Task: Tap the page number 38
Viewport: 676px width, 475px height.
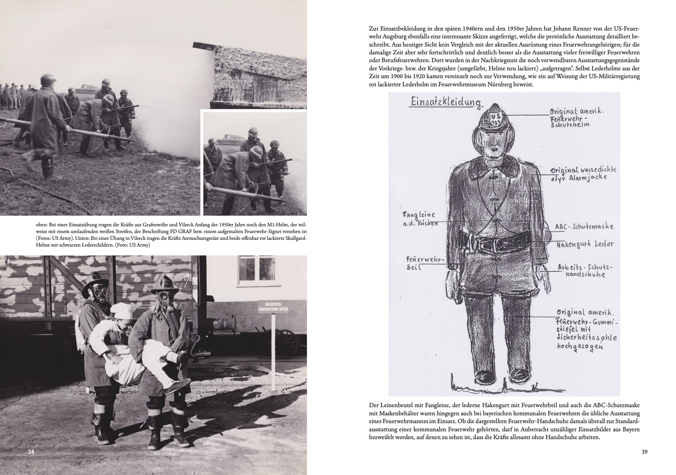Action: (x=31, y=452)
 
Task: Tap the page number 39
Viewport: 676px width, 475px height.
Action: (x=644, y=452)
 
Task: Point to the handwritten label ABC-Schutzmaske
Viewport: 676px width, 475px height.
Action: (x=584, y=227)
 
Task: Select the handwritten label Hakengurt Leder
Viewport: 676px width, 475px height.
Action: (x=585, y=244)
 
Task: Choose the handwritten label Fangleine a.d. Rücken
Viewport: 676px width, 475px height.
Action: (x=419, y=219)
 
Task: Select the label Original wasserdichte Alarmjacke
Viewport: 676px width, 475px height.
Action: (x=583, y=173)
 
